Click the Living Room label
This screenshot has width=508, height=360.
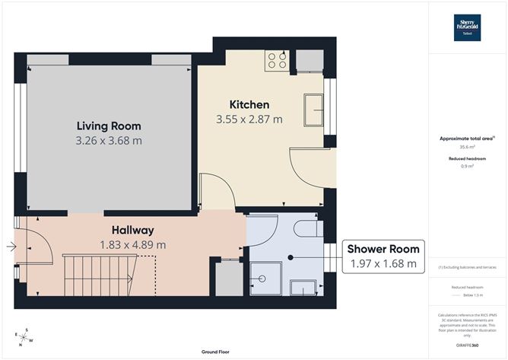(109, 126)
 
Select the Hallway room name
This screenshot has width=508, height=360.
(132, 230)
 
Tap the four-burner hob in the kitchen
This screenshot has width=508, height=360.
(275, 59)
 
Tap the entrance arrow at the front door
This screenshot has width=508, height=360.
(9, 246)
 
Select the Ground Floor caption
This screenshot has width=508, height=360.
(216, 352)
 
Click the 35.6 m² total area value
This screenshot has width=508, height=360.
(467, 148)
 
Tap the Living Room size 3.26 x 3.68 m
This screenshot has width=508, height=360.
(109, 141)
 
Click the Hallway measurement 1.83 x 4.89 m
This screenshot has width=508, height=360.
(132, 245)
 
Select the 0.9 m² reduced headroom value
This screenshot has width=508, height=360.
(467, 166)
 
